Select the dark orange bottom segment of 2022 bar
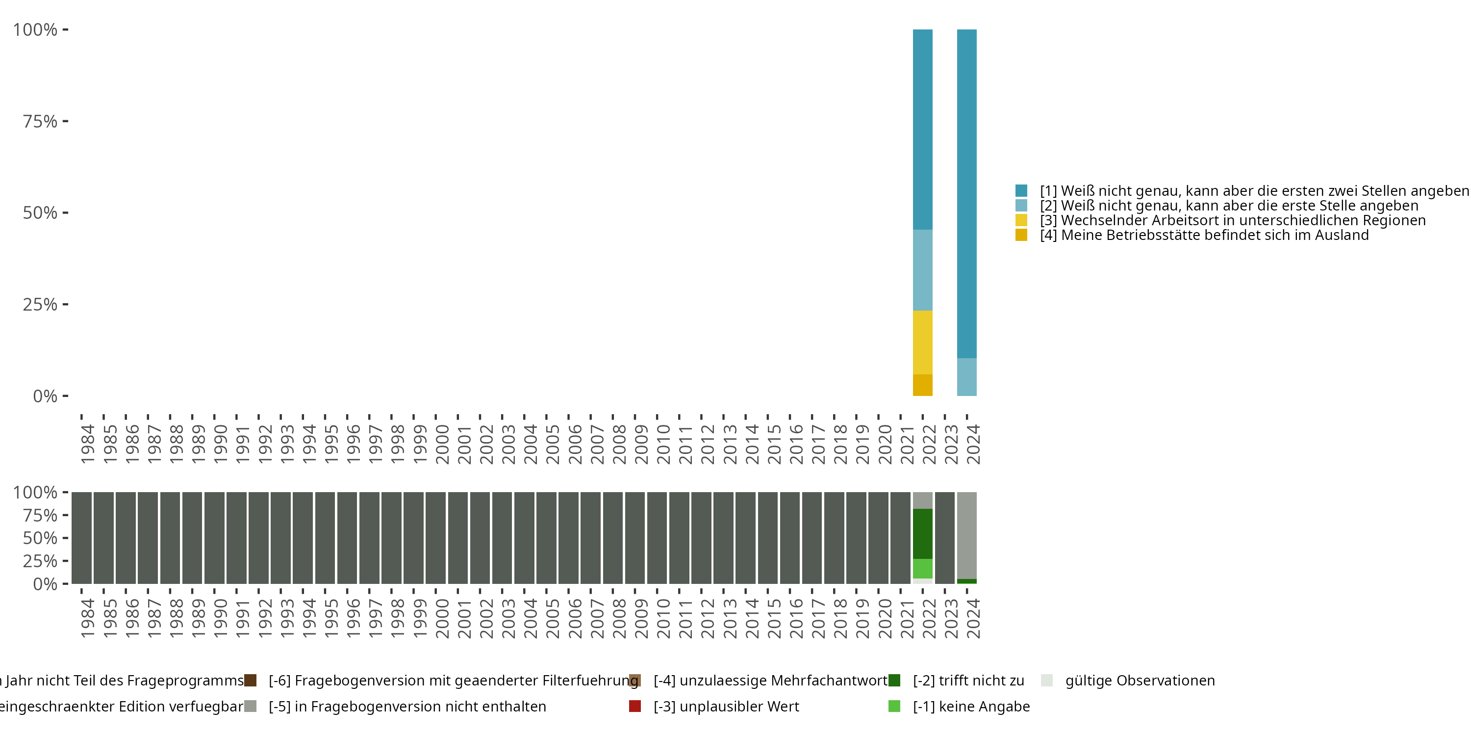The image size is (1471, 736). click(922, 385)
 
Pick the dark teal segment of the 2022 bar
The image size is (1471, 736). click(922, 129)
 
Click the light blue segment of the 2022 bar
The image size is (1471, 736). click(922, 270)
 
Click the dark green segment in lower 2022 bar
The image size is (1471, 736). click(922, 533)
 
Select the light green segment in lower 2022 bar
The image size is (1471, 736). click(922, 569)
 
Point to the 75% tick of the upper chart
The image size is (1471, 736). click(65, 121)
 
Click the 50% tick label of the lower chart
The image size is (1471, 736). click(40, 538)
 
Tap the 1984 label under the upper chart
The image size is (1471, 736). click(87, 444)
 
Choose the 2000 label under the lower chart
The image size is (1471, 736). click(442, 618)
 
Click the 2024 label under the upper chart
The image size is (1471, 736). click(973, 444)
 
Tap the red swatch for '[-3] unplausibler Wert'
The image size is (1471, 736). click(634, 706)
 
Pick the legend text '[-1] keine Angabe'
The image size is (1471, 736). click(971, 706)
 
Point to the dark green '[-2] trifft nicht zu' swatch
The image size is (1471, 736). click(894, 681)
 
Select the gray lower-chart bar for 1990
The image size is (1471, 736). click(214, 538)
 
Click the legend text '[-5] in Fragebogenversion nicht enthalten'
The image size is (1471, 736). click(407, 706)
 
